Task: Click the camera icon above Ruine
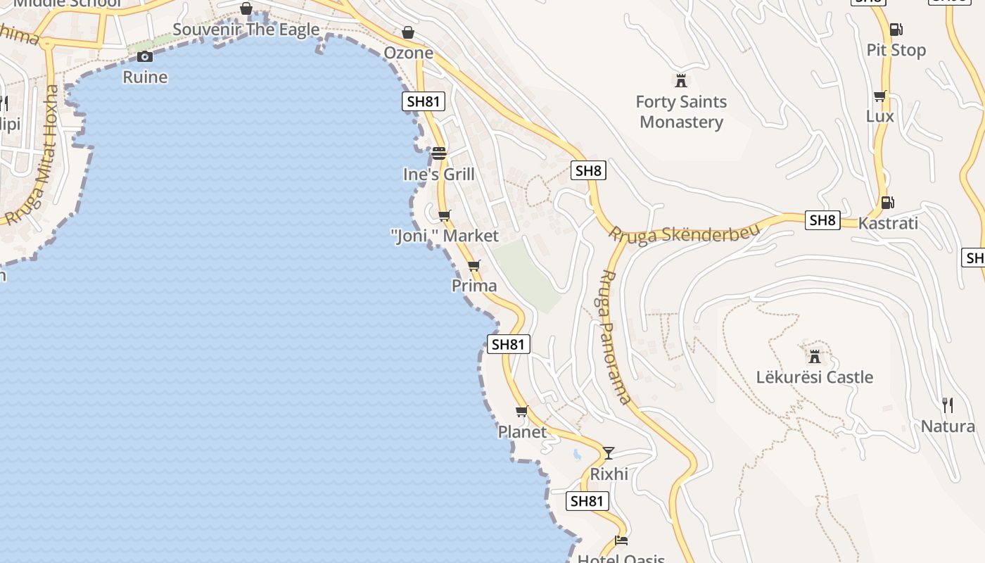click(x=145, y=57)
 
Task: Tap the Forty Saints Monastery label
click(x=681, y=112)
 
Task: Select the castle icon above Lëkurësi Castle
click(x=815, y=357)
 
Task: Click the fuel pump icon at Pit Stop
click(x=896, y=30)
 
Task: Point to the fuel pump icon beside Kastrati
click(x=887, y=203)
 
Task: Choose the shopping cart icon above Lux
click(x=879, y=96)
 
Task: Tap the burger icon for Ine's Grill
click(x=439, y=153)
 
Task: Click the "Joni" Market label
click(x=445, y=236)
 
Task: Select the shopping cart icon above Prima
click(x=474, y=266)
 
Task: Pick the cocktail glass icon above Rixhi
click(x=609, y=453)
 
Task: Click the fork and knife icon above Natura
click(x=948, y=405)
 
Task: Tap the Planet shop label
click(x=522, y=431)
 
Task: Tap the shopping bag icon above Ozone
click(x=408, y=32)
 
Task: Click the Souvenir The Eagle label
click(x=246, y=30)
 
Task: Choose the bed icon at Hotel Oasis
click(x=621, y=540)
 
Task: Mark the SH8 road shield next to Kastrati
click(x=822, y=220)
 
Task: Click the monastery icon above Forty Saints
click(x=680, y=80)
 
